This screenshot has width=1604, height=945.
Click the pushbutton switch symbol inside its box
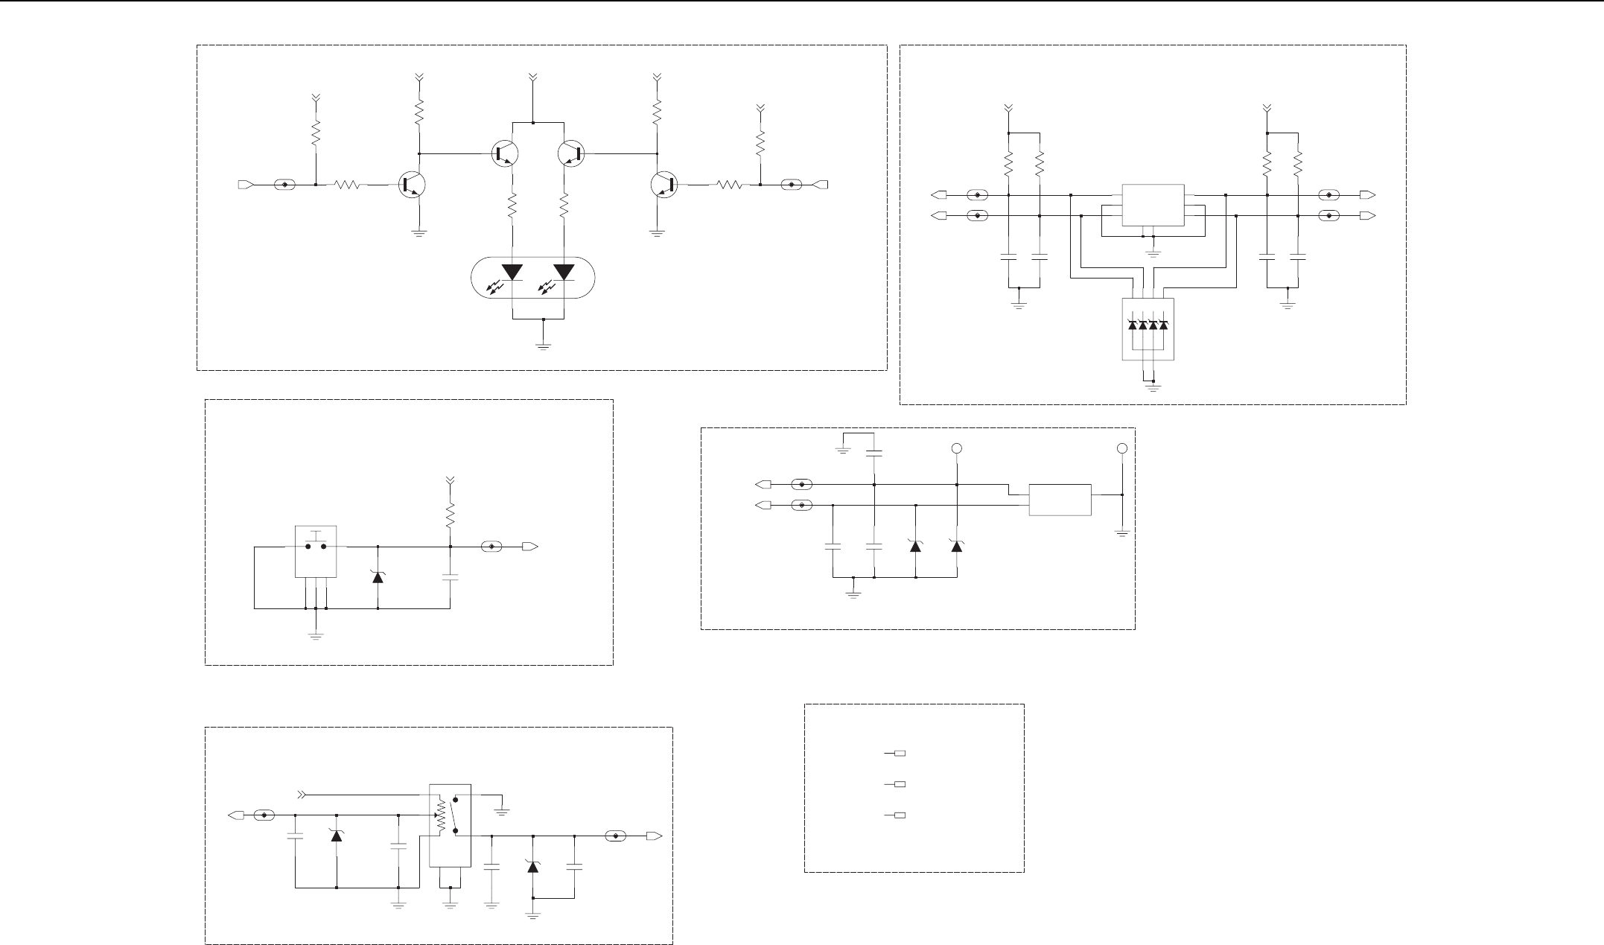coord(316,544)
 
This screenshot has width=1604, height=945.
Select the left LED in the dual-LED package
coord(513,272)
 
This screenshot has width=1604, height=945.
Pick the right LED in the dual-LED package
coord(564,272)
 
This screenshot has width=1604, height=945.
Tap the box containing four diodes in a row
coord(1148,328)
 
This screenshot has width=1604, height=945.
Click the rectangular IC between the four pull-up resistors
coord(1153,205)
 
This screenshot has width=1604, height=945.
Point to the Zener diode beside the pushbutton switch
coord(378,576)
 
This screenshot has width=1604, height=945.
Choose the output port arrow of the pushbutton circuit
coord(529,547)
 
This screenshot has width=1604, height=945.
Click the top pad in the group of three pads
coord(900,754)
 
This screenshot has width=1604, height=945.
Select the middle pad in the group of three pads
coord(900,784)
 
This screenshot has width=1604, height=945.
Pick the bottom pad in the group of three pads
coord(900,815)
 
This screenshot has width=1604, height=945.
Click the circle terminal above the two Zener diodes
coord(957,448)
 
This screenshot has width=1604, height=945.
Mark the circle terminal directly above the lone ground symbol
coord(1122,448)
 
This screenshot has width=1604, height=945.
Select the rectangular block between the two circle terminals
coord(1060,499)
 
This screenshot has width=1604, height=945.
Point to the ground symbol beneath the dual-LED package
coord(544,345)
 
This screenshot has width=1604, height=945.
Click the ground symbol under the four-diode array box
coord(1153,386)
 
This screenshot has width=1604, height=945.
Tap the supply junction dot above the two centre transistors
coord(533,121)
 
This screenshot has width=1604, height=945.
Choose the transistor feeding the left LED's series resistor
coord(506,153)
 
